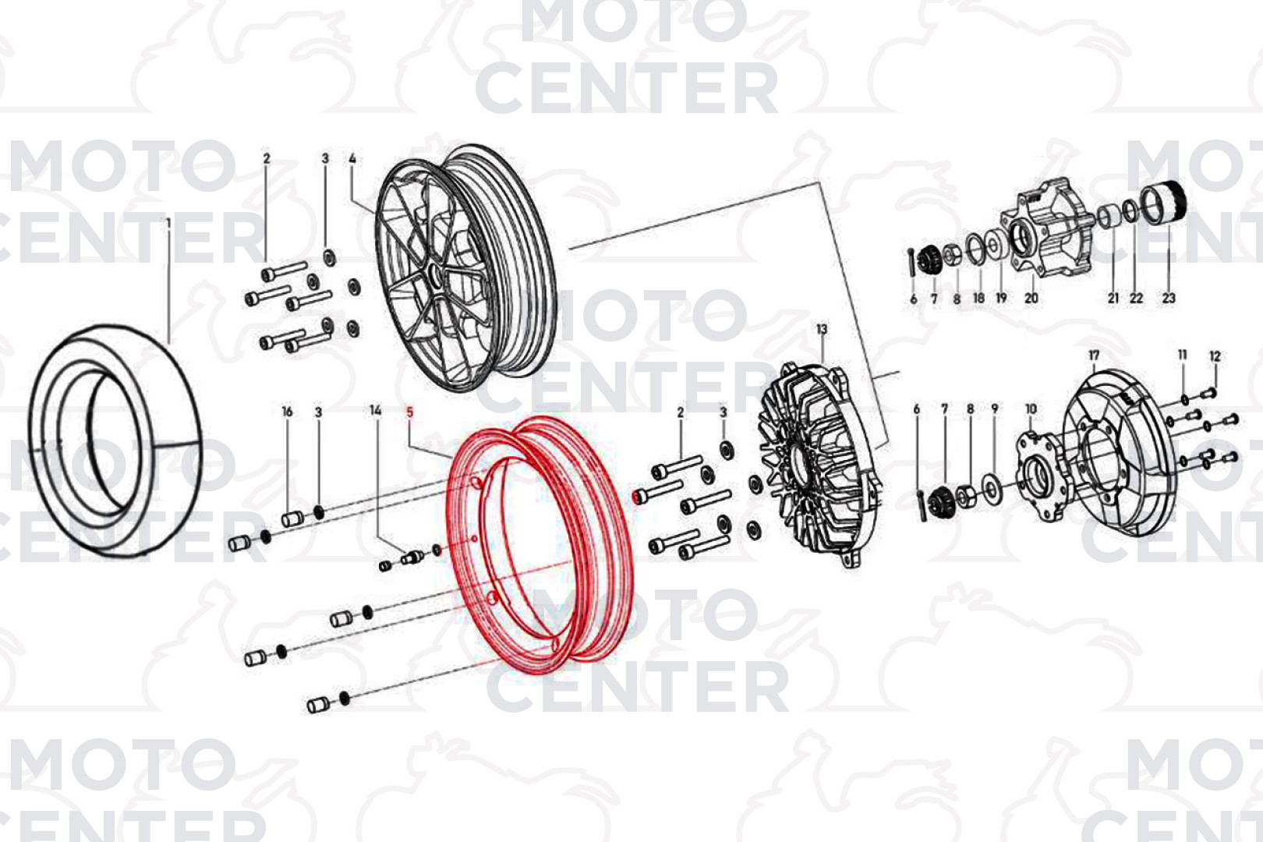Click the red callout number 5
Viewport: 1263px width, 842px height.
coord(410,413)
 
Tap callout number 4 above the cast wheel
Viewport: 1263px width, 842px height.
coord(352,159)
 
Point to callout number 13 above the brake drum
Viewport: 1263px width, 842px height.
coord(822,329)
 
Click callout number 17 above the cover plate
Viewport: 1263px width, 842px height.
coord(1094,356)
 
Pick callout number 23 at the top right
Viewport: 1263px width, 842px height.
coord(1169,298)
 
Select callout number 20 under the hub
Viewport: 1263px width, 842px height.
coord(1031,298)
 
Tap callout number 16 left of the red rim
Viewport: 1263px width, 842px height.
coord(287,412)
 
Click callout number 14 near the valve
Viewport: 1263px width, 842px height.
coord(376,411)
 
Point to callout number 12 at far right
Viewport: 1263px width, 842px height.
coord(1215,356)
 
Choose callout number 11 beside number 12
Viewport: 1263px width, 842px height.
coord(1183,355)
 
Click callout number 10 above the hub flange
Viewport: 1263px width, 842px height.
coord(1031,409)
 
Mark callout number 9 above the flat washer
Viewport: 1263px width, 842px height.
coord(995,409)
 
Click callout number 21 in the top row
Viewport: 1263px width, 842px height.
coord(1113,298)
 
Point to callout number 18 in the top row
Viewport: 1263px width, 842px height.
coord(979,298)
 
